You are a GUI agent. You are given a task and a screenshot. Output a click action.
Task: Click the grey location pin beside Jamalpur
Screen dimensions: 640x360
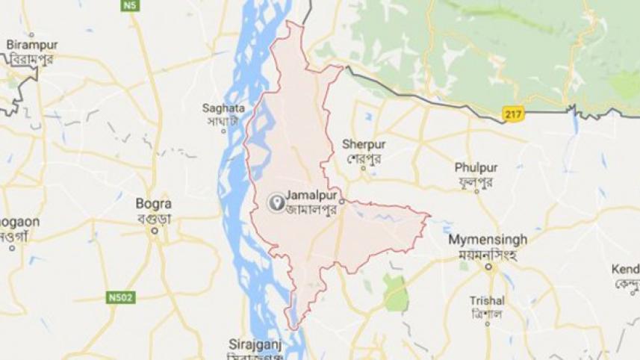[276, 201]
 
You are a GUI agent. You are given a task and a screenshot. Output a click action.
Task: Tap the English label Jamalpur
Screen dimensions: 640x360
[312, 196]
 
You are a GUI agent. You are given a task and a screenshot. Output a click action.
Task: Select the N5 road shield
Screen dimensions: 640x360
[131, 5]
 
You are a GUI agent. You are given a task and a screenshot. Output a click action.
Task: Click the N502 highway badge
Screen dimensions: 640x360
[116, 297]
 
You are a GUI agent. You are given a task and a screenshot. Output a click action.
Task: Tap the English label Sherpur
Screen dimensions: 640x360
[364, 144]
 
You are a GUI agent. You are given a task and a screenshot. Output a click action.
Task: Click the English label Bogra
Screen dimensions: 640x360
[154, 203]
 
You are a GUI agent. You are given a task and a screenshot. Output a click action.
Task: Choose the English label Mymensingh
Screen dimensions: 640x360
[488, 240]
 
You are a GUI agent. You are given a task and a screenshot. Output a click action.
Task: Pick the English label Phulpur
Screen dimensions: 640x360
[476, 167]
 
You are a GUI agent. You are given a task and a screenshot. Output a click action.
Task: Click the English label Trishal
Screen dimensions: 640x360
[487, 300]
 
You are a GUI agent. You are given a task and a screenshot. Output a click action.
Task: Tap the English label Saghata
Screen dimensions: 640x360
[223, 108]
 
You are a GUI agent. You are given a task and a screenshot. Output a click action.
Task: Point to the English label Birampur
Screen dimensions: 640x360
[32, 45]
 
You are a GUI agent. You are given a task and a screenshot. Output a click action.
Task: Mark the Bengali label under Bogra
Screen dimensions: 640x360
[155, 217]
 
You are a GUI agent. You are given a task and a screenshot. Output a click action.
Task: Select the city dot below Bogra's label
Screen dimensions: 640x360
[155, 231]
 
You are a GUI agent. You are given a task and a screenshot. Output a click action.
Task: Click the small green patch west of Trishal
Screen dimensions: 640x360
[396, 292]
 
